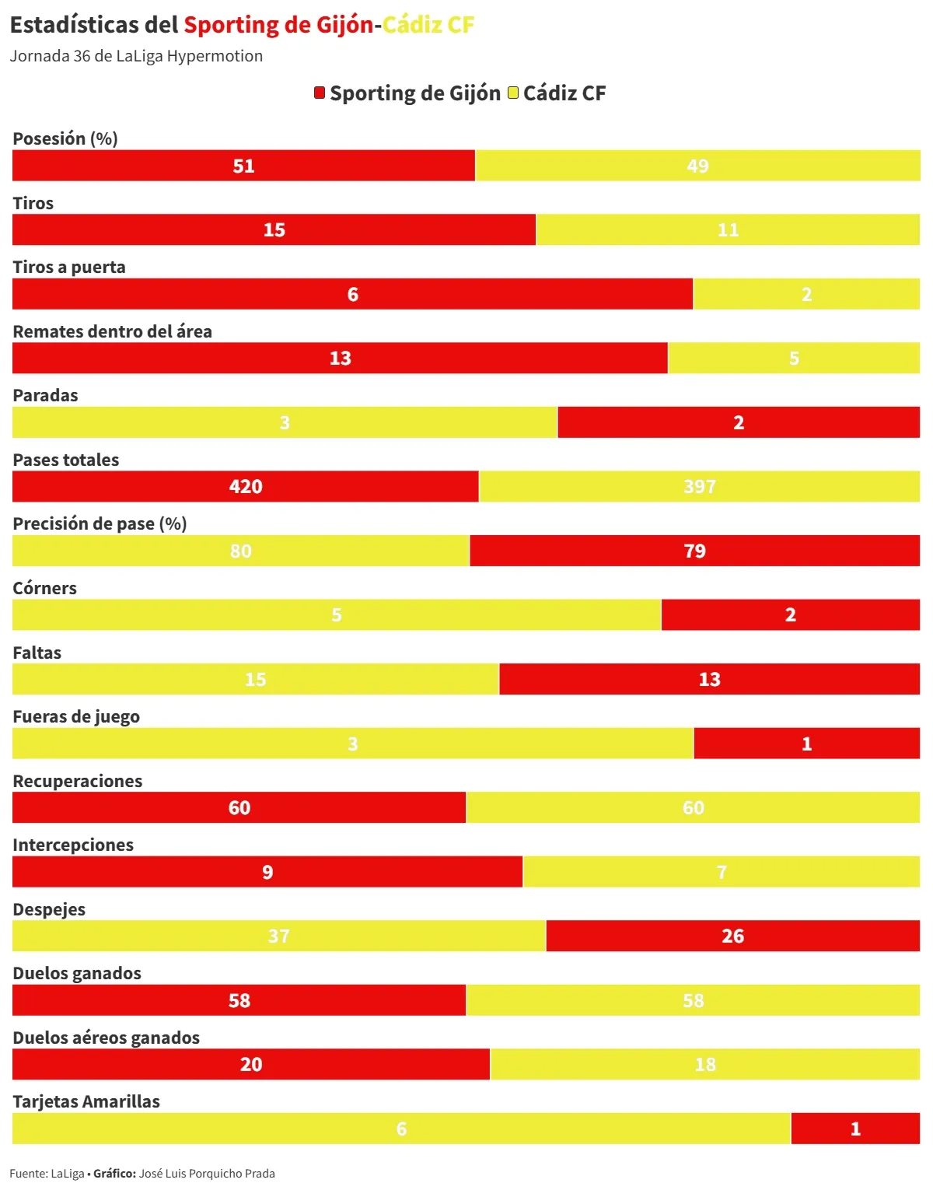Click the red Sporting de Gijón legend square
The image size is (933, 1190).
coord(319,93)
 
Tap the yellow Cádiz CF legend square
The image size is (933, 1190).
coord(512,93)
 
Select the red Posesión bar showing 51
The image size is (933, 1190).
coord(243,166)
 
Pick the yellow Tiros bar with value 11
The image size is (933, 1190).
coord(728,230)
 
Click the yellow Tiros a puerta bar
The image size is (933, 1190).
coord(806,294)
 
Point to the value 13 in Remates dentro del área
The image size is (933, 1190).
coord(340,359)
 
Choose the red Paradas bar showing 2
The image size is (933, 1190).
coord(739,422)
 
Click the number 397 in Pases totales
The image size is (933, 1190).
coord(699,487)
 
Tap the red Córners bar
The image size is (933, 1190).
coord(790,615)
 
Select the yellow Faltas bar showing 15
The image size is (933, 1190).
coord(255,680)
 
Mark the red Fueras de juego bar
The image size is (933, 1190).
coord(806,744)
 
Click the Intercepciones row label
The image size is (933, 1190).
coord(73,845)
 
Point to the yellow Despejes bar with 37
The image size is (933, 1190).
coord(278,936)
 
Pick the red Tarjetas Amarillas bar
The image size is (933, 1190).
coord(855,1129)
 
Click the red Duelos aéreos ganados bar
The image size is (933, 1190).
coord(250,1065)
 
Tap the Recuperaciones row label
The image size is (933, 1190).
coord(78,782)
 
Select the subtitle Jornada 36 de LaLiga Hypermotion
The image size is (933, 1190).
coord(136,56)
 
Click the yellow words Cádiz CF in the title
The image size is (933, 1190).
coord(428,25)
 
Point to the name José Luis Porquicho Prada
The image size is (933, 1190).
coord(207,1174)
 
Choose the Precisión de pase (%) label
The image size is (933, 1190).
coord(100,524)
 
